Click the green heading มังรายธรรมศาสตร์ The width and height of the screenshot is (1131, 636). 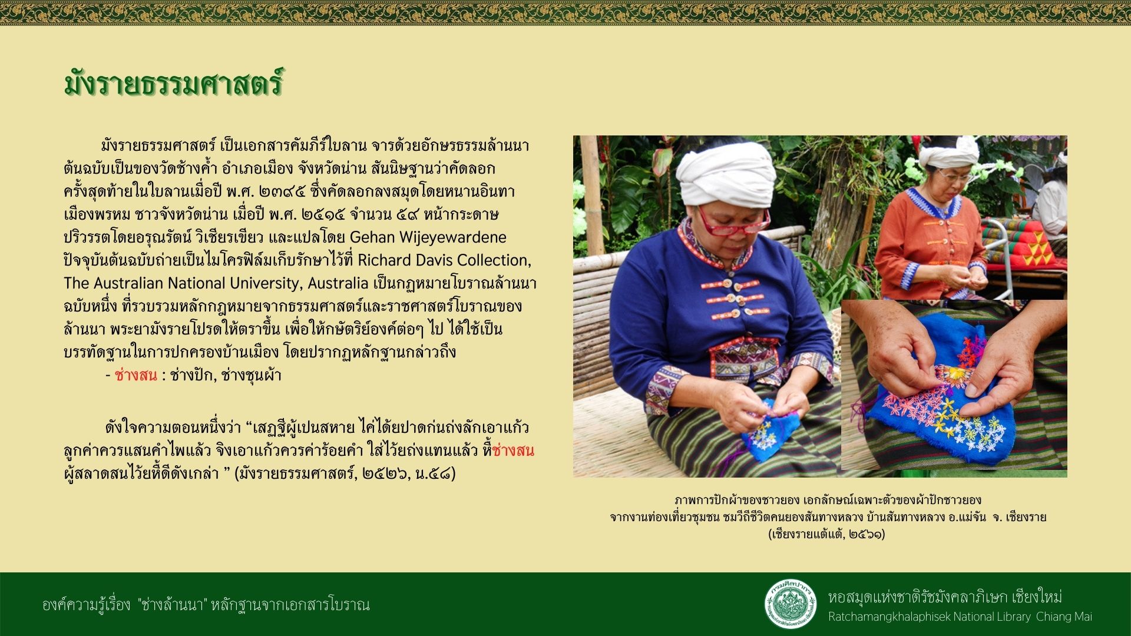[x=174, y=83]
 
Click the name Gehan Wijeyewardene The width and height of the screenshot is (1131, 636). [x=428, y=237]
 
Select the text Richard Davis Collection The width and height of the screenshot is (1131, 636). [x=444, y=260]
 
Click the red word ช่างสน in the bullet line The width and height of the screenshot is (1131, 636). [x=136, y=375]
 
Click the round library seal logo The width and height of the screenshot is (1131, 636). [x=791, y=604]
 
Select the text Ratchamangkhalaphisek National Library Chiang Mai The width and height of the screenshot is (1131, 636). [x=960, y=617]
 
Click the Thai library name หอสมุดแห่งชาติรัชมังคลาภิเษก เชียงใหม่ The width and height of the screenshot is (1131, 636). [x=945, y=597]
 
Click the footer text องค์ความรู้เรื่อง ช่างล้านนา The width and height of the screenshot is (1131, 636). [x=206, y=605]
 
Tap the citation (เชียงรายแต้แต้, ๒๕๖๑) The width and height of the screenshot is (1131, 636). [x=826, y=534]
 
